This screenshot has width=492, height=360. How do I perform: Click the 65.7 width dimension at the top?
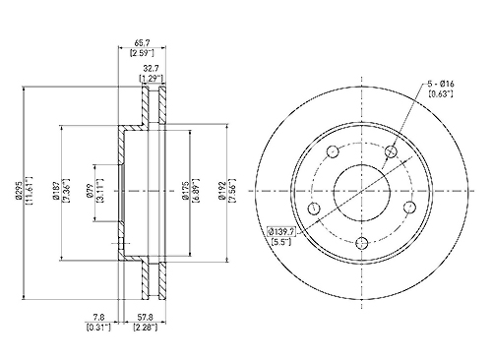click(142, 43)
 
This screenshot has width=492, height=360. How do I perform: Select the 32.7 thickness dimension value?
click(152, 69)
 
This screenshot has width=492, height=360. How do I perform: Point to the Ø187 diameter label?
click(56, 191)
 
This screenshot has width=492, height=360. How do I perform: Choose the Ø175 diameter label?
click(186, 191)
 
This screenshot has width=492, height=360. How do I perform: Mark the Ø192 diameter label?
click(222, 191)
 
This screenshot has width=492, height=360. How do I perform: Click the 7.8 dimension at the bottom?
click(98, 318)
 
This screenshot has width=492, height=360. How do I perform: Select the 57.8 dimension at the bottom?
click(145, 318)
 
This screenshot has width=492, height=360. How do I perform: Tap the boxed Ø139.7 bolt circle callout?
click(281, 232)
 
